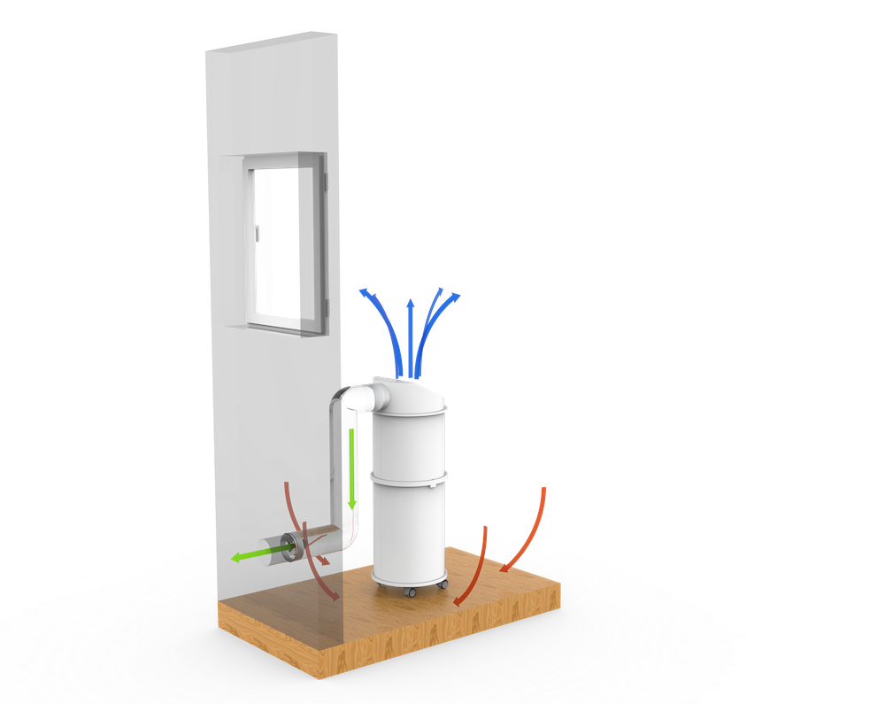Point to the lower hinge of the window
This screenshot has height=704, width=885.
[x=327, y=306]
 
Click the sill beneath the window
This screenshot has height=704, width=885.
[x=283, y=330]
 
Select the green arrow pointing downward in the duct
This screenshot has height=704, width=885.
[x=352, y=469]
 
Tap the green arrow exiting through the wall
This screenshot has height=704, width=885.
[x=257, y=555]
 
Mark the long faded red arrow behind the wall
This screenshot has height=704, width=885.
[x=310, y=549]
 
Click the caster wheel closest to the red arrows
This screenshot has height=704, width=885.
[x=442, y=584]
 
